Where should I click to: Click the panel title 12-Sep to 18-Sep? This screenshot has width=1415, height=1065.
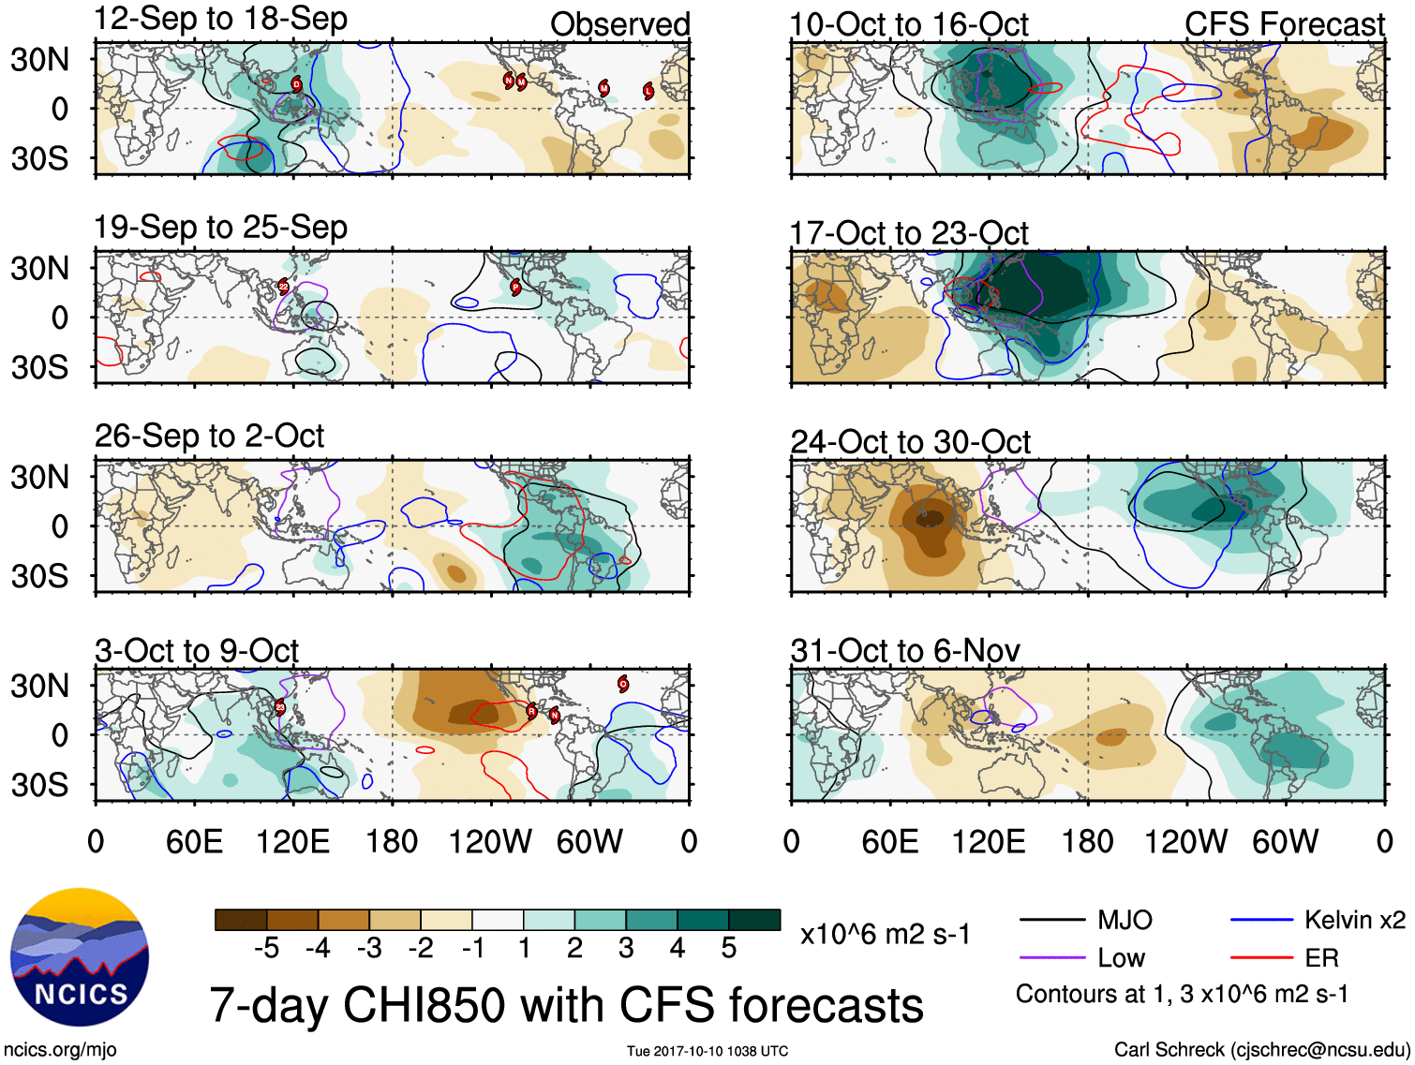(221, 19)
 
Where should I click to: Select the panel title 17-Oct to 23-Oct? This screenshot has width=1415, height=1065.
(909, 233)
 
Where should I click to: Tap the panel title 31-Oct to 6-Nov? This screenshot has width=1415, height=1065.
(905, 650)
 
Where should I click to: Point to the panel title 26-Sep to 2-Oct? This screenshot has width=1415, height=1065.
(209, 436)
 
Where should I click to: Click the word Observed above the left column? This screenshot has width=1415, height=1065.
(619, 24)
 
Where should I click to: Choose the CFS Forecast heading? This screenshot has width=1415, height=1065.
(1284, 24)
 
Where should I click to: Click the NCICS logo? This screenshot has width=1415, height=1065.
(80, 956)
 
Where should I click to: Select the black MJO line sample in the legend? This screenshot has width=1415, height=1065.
(1051, 920)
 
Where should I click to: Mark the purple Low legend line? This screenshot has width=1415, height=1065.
(1051, 957)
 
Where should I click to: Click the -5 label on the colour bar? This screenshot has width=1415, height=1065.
(266, 948)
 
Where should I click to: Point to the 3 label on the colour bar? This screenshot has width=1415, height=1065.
(626, 948)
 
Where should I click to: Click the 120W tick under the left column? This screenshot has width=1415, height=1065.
(490, 841)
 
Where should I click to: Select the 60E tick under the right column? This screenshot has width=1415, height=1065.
(889, 841)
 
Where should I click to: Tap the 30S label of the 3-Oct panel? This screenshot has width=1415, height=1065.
(39, 785)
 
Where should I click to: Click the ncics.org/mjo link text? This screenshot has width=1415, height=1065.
(60, 1050)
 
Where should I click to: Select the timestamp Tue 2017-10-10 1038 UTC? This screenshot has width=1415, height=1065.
(707, 1051)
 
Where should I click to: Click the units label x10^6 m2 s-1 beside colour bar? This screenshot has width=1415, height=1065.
(885, 934)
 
